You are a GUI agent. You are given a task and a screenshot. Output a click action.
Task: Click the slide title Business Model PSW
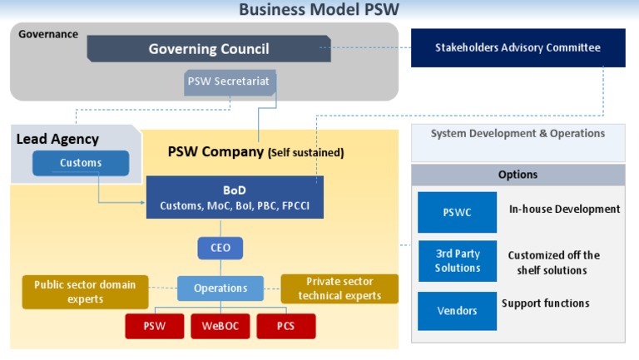coord(319,10)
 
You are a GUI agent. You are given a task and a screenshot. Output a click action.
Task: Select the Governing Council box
coord(208,49)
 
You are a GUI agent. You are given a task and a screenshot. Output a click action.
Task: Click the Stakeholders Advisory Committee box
coord(518,48)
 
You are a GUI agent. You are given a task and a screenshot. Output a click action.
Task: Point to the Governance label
coord(48,34)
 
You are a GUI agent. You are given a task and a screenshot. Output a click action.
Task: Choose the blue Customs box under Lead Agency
coord(81,163)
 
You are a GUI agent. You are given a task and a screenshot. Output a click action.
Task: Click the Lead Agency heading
coord(57,140)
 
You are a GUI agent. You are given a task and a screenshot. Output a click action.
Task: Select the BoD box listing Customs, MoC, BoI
coord(235,198)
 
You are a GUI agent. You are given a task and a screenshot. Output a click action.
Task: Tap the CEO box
coord(220,248)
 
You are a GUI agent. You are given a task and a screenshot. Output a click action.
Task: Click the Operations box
coord(220,288)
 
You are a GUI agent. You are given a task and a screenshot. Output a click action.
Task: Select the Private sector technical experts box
coord(339,289)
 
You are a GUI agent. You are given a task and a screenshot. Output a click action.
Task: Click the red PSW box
coord(154,326)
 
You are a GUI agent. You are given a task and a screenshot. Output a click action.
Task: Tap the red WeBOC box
coord(220,326)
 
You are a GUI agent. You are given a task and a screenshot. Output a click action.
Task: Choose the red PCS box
coord(285,326)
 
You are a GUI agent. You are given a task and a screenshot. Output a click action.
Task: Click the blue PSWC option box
coord(457,212)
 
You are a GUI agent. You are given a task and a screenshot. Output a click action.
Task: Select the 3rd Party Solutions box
coord(457,261)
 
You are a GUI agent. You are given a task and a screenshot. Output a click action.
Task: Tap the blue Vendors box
coord(457,310)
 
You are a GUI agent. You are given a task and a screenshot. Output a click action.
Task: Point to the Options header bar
coord(518,175)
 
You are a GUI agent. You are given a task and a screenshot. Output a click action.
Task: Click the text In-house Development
coord(564,210)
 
